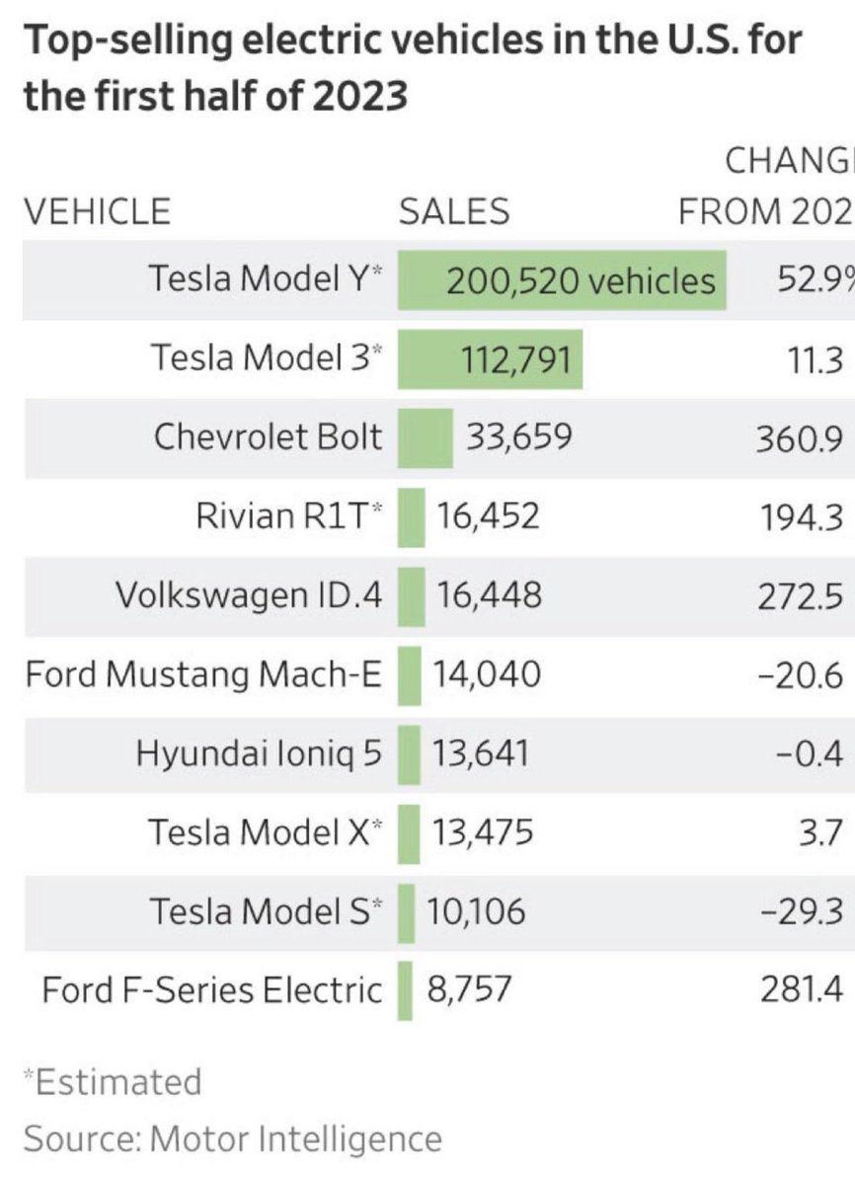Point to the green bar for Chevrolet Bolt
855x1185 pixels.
pos(425,437)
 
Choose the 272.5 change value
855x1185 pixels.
pos(801,596)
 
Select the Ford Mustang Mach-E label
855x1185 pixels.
pos(202,674)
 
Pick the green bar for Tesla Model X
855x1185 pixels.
pos(409,832)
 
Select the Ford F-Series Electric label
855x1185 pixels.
pos(211,989)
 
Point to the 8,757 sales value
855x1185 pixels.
pos(469,989)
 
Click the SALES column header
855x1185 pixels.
pos(453,211)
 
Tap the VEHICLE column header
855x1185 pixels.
pos(97,211)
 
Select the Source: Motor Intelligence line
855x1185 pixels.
pos(232,1139)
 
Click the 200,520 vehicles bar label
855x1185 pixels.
pos(581,281)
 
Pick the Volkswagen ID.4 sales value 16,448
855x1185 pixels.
pos(488,595)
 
